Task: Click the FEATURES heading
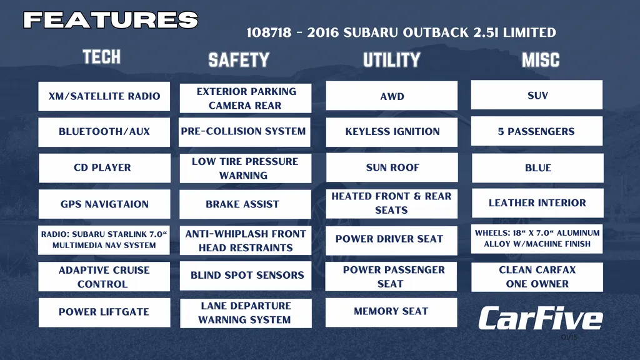(111, 19)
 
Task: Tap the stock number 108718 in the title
(269, 32)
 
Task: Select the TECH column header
(102, 57)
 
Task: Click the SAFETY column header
(239, 60)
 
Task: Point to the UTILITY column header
(392, 60)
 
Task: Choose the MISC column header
(541, 60)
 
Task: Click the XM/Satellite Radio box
(104, 96)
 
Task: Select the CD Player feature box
(104, 167)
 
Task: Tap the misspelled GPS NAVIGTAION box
(104, 204)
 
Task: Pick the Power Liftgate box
(104, 312)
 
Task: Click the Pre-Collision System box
(244, 132)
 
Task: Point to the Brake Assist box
(245, 204)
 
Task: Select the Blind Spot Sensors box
(245, 276)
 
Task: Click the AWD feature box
(392, 96)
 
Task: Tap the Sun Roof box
(392, 167)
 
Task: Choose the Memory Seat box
(391, 312)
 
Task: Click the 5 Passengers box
(537, 131)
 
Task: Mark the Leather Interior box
(537, 203)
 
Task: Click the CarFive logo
(541, 318)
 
